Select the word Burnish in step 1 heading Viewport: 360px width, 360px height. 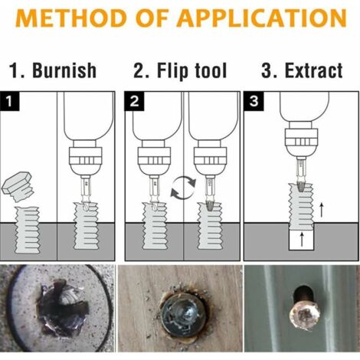[64, 70]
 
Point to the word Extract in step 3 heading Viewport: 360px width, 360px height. [313, 70]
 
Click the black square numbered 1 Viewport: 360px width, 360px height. [10, 101]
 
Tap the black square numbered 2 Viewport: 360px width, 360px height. [134, 101]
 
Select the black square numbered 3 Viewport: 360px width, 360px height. [254, 101]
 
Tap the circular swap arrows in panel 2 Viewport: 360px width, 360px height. [183, 188]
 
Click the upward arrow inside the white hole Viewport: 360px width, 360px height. [302, 239]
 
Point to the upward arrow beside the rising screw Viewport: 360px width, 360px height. [322, 210]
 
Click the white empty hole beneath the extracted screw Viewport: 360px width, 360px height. [302, 239]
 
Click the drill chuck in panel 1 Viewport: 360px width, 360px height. [86, 159]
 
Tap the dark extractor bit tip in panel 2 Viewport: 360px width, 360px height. [209, 206]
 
